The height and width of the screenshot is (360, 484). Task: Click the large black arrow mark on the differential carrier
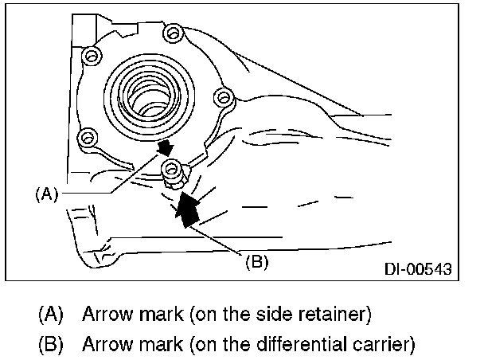(185, 209)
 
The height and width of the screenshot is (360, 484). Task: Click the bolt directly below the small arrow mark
(172, 168)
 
